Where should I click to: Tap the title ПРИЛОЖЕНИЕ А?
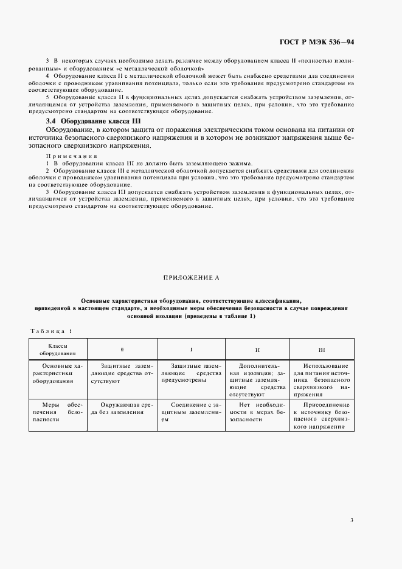[191, 277]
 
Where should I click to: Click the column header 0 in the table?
[122, 349]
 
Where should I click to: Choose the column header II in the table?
[257, 350]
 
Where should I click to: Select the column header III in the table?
[322, 350]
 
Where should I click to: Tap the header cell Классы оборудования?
[58, 349]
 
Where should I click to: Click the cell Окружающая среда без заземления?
[122, 408]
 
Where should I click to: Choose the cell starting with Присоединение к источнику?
[322, 415]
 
